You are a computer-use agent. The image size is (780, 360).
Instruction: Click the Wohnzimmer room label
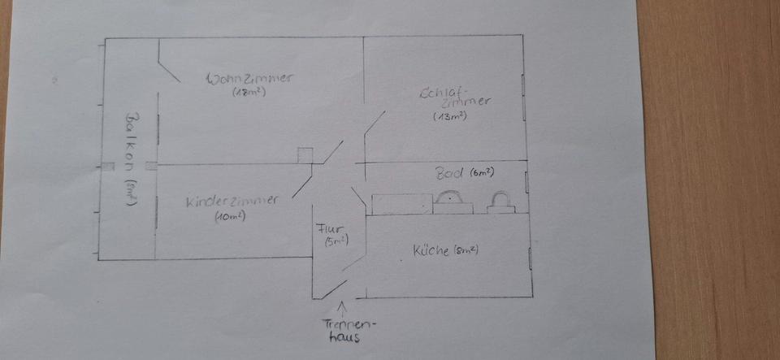click(250, 79)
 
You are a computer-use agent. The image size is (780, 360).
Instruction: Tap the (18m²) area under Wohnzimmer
click(249, 93)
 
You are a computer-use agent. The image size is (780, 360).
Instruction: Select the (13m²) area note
click(450, 116)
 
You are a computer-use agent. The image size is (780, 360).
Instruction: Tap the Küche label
click(431, 249)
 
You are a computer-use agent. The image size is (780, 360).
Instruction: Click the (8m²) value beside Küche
click(466, 249)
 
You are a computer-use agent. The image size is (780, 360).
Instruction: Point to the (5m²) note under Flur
click(336, 241)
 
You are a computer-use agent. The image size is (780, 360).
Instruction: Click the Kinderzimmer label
click(232, 201)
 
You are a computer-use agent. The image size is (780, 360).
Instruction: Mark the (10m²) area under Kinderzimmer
click(231, 216)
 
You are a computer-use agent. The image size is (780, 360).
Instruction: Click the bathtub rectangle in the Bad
click(401, 203)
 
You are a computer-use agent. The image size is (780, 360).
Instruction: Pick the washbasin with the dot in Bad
click(451, 201)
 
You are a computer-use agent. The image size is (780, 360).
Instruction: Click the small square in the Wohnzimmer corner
click(303, 155)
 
